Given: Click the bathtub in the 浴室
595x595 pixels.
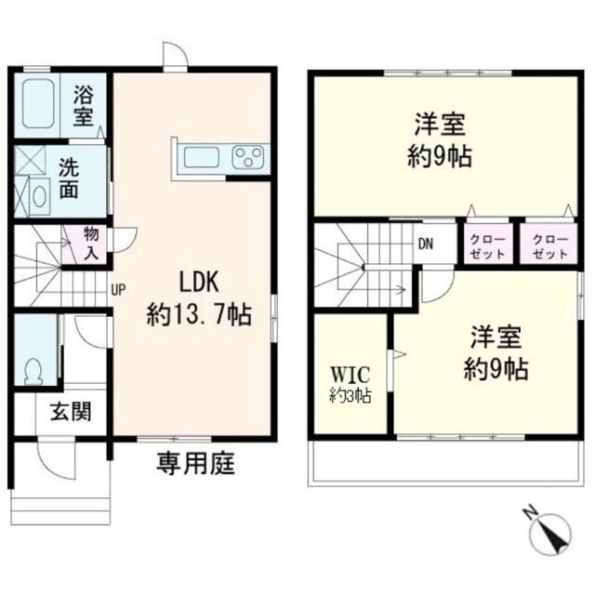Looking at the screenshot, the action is click(x=38, y=103).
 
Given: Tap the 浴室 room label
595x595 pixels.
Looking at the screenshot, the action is click(x=83, y=105).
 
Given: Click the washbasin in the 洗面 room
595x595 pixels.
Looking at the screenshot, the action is click(x=39, y=197).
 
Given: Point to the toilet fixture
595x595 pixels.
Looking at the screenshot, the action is click(x=33, y=371).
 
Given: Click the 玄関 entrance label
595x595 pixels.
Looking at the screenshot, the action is click(x=71, y=411).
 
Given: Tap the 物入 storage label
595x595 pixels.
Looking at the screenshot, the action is click(x=91, y=244).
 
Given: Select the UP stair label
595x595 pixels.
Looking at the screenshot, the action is click(x=118, y=290).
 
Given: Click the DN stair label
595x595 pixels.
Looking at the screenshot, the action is click(x=426, y=244).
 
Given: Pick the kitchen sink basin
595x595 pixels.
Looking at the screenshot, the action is click(x=202, y=157).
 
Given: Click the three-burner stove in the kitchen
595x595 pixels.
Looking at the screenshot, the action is click(x=248, y=157).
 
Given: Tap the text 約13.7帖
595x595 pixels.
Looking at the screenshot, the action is click(x=199, y=314).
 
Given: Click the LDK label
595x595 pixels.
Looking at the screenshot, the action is click(x=199, y=282).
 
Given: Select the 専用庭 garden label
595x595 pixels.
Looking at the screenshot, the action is click(x=196, y=464).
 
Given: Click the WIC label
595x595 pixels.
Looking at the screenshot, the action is click(x=350, y=375).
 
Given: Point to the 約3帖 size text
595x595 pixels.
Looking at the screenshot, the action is click(x=350, y=395).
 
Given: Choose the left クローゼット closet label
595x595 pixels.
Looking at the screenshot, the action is click(x=487, y=247).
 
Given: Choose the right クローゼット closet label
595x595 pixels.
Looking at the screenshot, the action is click(x=550, y=247).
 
